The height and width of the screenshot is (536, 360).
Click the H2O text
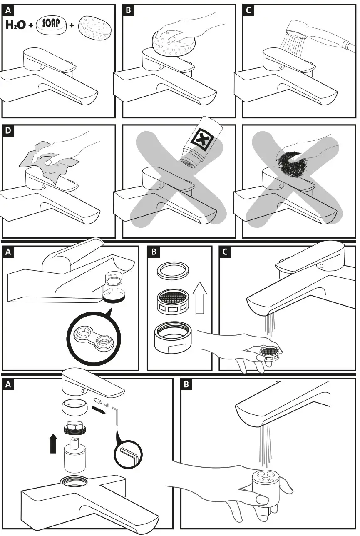(15, 25)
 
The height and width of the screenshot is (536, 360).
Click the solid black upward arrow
(53, 444)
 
